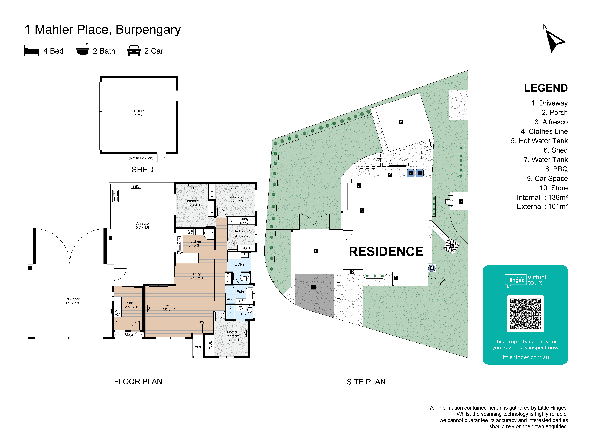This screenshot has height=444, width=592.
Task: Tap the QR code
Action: (x=525, y=314)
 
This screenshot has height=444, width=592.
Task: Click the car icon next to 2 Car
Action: (x=134, y=51)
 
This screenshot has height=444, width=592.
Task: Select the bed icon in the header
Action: (x=32, y=51)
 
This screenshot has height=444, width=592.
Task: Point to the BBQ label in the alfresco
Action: (x=136, y=187)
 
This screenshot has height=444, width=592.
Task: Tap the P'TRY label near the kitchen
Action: (x=209, y=233)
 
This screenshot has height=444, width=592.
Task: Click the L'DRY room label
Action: (x=240, y=264)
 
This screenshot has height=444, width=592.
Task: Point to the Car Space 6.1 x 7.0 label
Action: (x=72, y=301)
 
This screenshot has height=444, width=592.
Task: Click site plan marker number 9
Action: (x=316, y=251)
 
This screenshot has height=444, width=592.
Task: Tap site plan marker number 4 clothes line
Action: (x=452, y=246)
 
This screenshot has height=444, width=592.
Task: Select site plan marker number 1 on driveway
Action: (x=313, y=287)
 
